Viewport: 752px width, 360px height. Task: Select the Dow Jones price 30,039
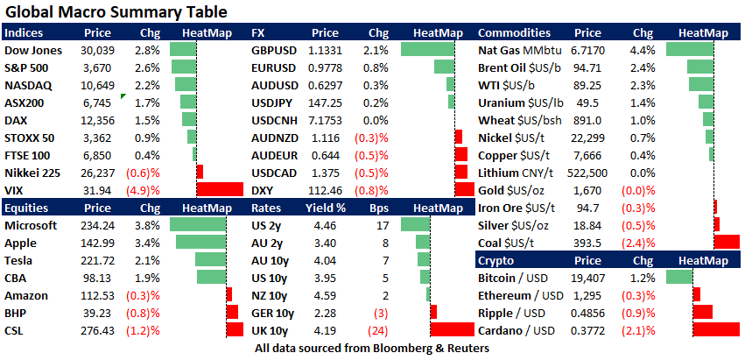point(97,50)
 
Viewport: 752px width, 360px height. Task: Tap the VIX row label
point(14,189)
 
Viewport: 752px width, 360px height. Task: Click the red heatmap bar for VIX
point(220,189)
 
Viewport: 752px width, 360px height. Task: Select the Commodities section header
point(515,32)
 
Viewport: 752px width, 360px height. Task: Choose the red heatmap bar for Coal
point(727,243)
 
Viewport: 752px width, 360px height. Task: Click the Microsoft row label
point(32,225)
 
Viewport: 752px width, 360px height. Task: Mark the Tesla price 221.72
point(97,260)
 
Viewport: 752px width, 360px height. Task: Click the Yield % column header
point(324,208)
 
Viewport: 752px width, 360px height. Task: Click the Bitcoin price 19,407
point(588,278)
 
